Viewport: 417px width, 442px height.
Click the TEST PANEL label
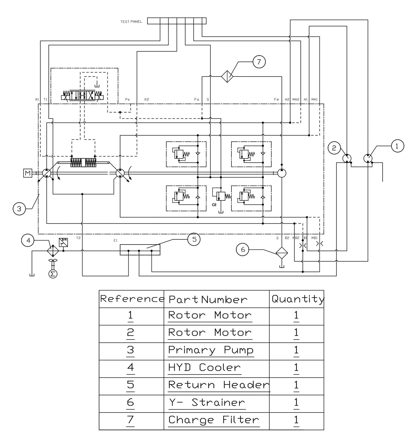coord(131,22)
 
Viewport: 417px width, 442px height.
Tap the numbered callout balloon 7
coord(259,62)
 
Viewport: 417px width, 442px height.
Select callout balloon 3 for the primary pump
coord(19,209)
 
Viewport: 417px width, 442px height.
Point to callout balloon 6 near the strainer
coord(243,249)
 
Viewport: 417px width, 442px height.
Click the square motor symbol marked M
coord(28,173)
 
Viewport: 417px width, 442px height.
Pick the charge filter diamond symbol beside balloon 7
coord(227,77)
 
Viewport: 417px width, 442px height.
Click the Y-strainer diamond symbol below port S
coord(282,253)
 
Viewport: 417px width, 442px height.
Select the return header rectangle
coord(140,250)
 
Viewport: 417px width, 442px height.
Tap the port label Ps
coord(127,100)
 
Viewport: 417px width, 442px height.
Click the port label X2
coord(147,100)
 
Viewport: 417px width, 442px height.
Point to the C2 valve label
coord(214,205)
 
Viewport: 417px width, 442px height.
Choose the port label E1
coord(115,240)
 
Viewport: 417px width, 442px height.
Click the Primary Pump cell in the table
coord(211,350)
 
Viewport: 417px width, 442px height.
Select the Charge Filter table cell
coord(214,420)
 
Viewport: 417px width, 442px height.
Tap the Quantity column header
coord(297,299)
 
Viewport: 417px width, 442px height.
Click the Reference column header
coord(132,299)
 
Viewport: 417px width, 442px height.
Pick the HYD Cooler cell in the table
coord(204,368)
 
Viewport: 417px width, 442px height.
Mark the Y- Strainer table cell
coord(207,402)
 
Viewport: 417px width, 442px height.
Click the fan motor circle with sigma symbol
coord(53,274)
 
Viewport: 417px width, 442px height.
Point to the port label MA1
coord(314,100)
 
